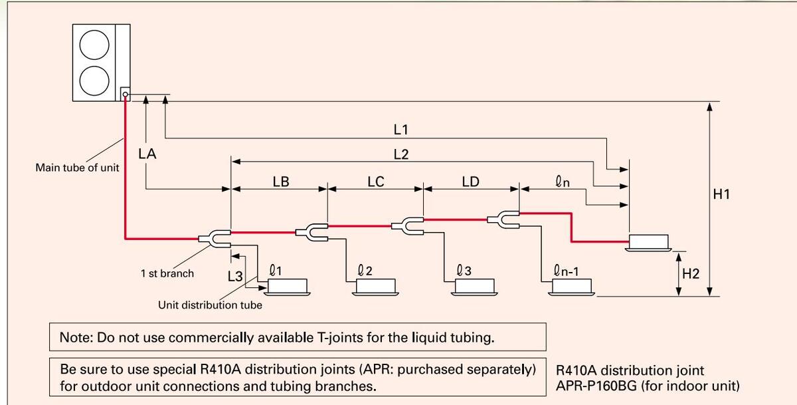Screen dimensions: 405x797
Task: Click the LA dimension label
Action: click(147, 154)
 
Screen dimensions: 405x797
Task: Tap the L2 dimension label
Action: click(400, 154)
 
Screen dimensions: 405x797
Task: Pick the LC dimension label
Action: click(376, 181)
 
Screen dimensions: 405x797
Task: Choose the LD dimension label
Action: click(470, 181)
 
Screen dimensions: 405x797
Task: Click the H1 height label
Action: click(721, 194)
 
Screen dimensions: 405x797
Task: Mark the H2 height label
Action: click(691, 274)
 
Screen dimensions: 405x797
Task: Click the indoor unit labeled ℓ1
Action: click(288, 287)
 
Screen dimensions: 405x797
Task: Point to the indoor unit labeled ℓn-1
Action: click(573, 287)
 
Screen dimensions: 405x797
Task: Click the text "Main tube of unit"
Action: click(77, 168)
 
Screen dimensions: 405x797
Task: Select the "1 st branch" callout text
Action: click(167, 273)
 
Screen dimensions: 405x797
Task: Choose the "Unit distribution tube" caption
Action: click(210, 305)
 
